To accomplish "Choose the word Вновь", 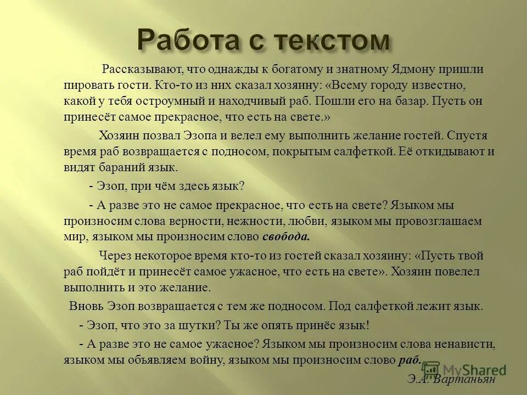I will point(86,306).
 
